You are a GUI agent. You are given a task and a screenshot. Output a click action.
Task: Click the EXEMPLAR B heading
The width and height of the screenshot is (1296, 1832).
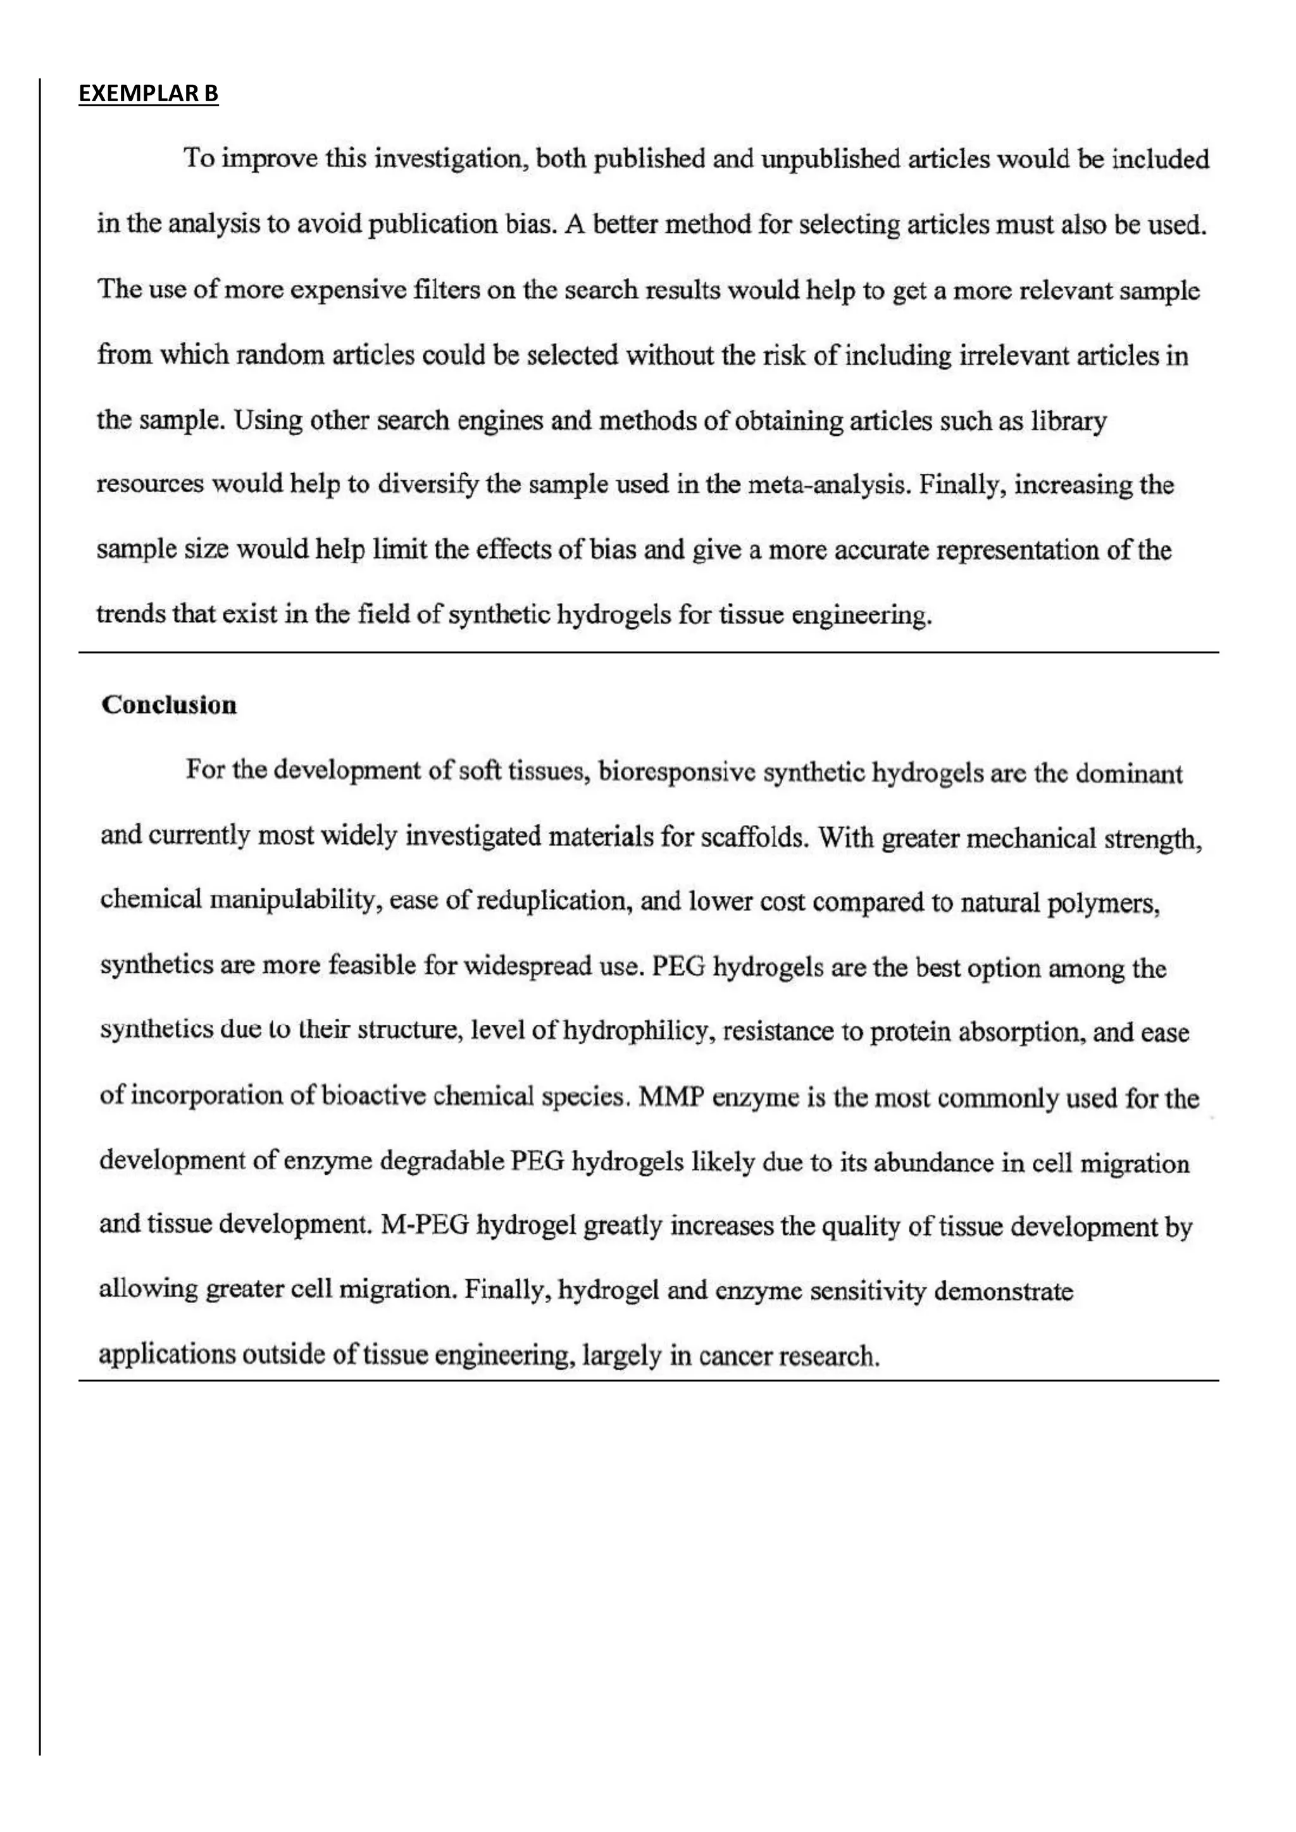(149, 94)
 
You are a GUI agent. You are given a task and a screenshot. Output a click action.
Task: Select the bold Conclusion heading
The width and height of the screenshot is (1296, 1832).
(169, 705)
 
